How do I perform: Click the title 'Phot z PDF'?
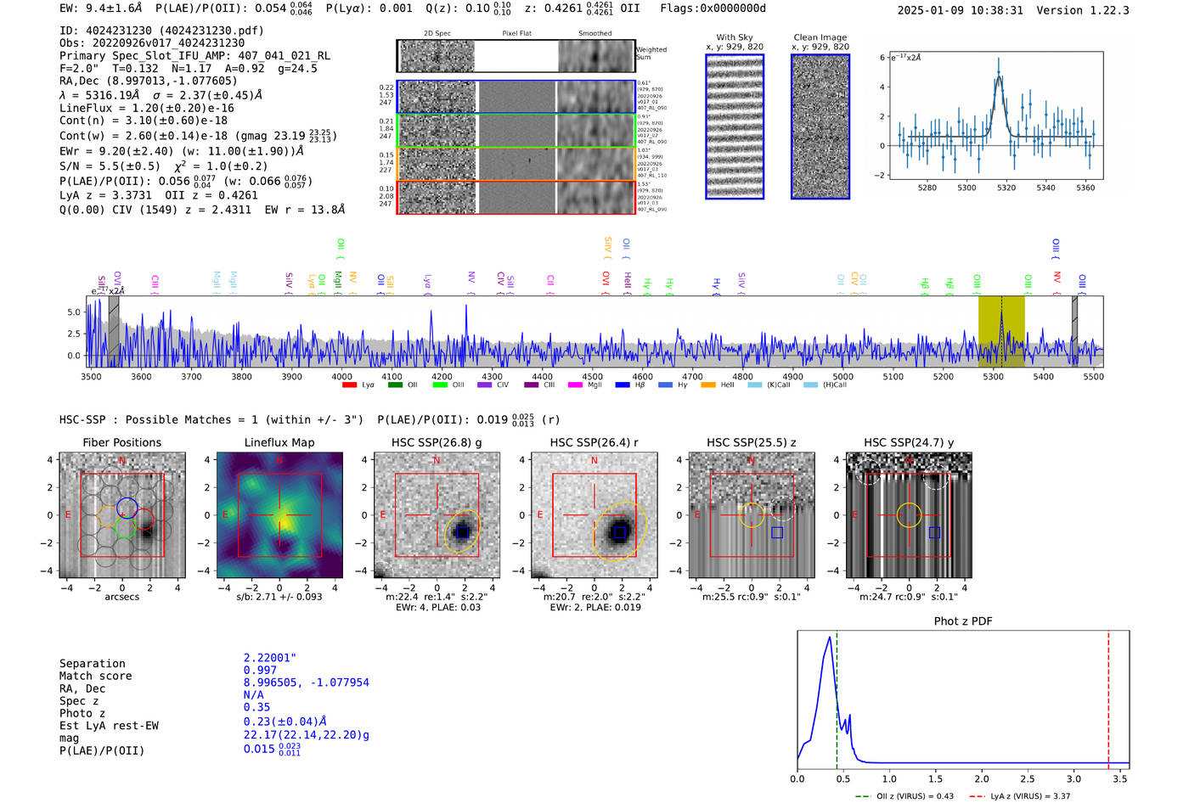click(x=963, y=621)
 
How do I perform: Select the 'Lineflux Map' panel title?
click(x=279, y=442)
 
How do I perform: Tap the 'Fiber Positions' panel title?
click(x=121, y=442)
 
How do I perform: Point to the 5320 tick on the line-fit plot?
click(x=1006, y=188)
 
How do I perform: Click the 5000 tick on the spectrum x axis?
click(x=842, y=377)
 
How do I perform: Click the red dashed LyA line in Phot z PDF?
click(x=1108, y=696)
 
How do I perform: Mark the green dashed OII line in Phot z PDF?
click(x=837, y=696)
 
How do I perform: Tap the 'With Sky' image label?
click(x=735, y=37)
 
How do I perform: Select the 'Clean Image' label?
click(x=820, y=37)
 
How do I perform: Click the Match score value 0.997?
click(x=260, y=671)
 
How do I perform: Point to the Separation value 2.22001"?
click(x=270, y=658)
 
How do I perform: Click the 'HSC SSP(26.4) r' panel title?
click(x=594, y=442)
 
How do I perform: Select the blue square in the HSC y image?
click(x=934, y=532)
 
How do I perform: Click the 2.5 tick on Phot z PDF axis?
click(x=1028, y=778)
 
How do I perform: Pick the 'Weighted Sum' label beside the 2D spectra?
click(x=651, y=53)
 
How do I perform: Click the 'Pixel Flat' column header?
click(x=516, y=34)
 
